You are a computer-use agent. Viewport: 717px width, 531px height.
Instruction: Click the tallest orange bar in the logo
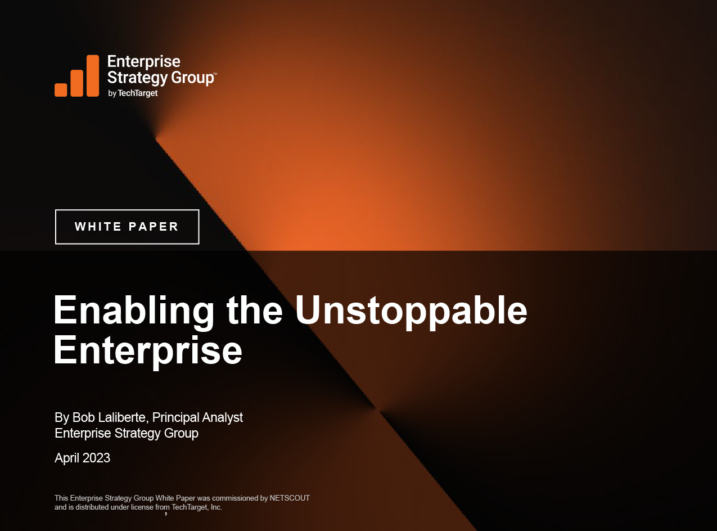(x=93, y=75)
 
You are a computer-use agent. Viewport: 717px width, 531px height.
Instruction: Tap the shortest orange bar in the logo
(x=61, y=89)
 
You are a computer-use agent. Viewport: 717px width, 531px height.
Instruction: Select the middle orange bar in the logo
(x=77, y=83)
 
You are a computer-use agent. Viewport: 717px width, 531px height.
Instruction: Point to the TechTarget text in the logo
(x=138, y=93)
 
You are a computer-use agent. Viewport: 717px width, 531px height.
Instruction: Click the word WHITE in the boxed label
(x=98, y=227)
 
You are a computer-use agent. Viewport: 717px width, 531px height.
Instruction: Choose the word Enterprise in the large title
(x=148, y=350)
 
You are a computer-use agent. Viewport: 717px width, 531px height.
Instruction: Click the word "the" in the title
(x=254, y=310)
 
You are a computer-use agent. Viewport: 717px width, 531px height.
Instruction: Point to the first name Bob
(x=81, y=417)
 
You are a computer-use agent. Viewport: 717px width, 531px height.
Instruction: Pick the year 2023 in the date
(x=96, y=458)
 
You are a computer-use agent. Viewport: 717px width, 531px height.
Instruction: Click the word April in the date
(x=67, y=458)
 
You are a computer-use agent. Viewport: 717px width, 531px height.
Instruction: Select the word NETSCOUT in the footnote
(x=290, y=498)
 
